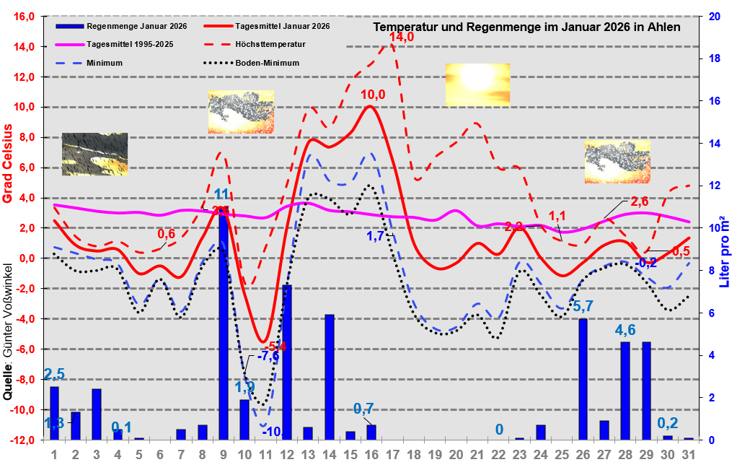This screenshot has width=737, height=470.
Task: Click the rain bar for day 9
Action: coord(224,325)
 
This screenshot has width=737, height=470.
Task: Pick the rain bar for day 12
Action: coord(287,362)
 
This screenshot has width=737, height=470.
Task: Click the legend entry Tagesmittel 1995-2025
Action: coord(130,44)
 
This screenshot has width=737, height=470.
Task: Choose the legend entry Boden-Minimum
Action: coord(267,63)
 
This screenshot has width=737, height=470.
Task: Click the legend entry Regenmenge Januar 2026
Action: coord(137,26)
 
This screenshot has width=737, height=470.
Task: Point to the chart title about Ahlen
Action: coord(526,27)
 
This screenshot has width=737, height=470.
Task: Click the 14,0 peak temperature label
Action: coord(401,37)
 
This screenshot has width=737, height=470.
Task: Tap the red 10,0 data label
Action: coord(373,95)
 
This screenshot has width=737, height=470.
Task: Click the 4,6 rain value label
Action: coord(625,331)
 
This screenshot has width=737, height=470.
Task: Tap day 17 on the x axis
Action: coord(392,454)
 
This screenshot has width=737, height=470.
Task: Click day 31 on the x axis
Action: coord(688,454)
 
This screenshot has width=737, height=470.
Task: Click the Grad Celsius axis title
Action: coord(9,163)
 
